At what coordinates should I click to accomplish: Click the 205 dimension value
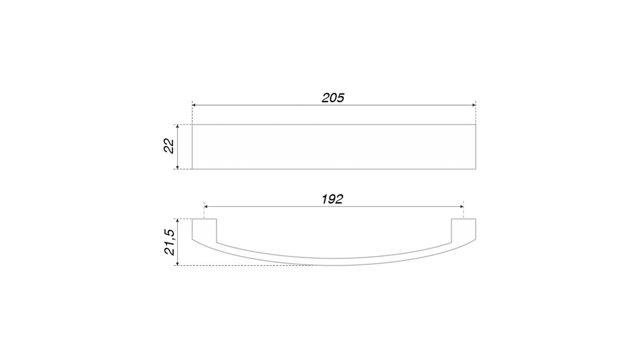tap(333, 98)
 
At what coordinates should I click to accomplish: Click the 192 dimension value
tap(332, 199)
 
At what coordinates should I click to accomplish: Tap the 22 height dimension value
tap(169, 146)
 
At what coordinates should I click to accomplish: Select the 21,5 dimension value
tap(169, 242)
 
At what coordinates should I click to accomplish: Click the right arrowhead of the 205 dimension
tap(474, 105)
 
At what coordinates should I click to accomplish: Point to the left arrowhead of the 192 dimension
tap(206, 207)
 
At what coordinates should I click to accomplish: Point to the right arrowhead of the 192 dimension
tap(462, 207)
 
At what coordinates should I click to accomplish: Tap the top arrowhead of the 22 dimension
tap(178, 127)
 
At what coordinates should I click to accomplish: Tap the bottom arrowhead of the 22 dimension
tap(178, 167)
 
